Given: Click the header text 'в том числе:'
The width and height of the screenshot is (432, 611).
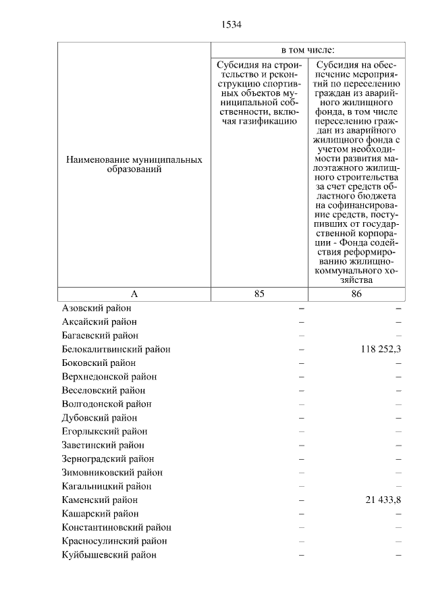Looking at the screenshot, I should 308,50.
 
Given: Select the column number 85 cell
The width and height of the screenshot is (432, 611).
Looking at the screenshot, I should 260,294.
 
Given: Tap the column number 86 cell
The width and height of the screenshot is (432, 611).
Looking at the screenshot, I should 356,294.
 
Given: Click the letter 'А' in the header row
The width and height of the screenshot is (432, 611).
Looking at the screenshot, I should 134,294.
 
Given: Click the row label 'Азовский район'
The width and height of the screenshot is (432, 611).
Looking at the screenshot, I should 96,308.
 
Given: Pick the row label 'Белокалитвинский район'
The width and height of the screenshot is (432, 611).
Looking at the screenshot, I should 115,349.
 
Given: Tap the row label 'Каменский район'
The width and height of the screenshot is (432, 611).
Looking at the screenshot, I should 99,500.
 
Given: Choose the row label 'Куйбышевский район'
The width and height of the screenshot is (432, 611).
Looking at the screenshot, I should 109,554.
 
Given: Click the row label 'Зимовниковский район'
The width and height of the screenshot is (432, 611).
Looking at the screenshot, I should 111,473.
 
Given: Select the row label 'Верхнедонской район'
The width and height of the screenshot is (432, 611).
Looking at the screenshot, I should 109,376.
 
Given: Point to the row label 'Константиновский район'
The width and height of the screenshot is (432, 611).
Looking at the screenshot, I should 116,527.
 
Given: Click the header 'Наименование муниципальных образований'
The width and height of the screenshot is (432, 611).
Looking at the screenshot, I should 134,165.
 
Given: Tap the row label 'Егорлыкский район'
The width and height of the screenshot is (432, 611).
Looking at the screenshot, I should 105,431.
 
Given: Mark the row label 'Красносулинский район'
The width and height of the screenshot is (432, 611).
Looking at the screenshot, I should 114,541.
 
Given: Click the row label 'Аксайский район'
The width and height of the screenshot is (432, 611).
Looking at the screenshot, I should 97,321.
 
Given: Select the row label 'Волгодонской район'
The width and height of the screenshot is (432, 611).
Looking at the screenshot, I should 106,404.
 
